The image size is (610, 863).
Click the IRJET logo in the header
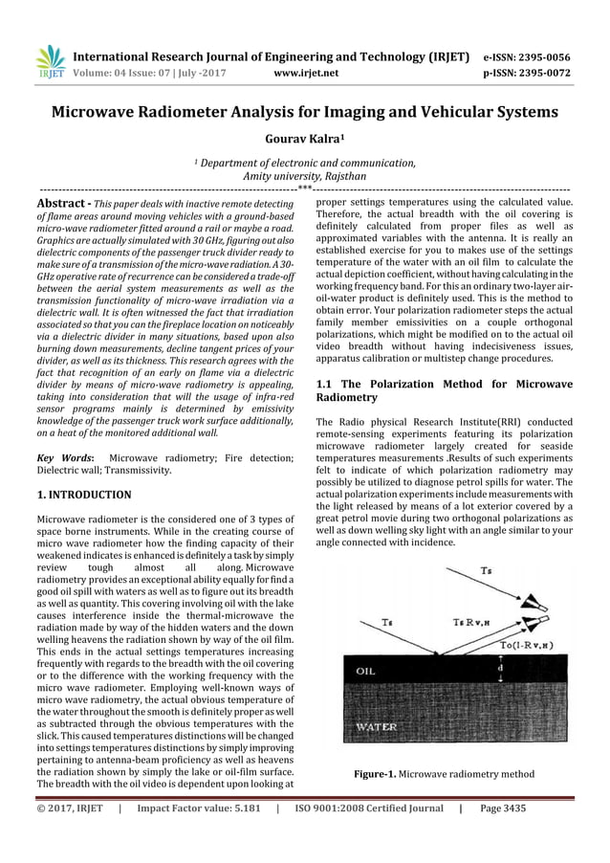(49, 61)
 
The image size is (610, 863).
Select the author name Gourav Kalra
(304, 140)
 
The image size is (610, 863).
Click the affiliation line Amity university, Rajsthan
(304, 177)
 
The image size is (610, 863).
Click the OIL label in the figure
(366, 671)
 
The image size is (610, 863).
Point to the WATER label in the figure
(376, 726)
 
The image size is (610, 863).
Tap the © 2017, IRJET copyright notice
(71, 808)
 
